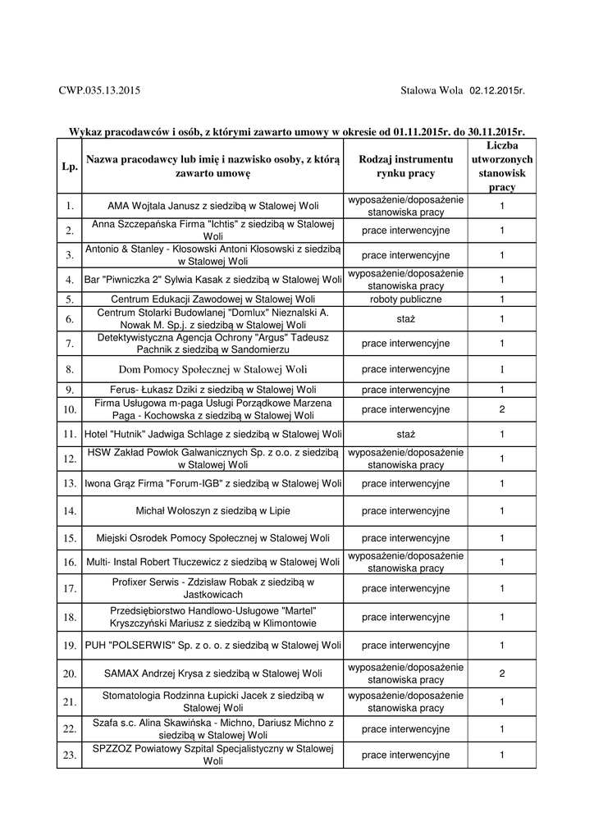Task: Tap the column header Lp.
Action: pyautogui.click(x=69, y=167)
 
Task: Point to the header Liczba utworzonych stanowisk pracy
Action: pyautogui.click(x=502, y=167)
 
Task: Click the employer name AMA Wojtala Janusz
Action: pyautogui.click(x=213, y=206)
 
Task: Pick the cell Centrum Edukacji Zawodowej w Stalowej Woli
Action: pyautogui.click(x=213, y=299)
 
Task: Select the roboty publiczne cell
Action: pyautogui.click(x=405, y=299)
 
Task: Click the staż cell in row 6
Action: pyautogui.click(x=405, y=318)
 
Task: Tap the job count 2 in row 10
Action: pyautogui.click(x=502, y=409)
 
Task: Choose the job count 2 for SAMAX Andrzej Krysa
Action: pyautogui.click(x=502, y=673)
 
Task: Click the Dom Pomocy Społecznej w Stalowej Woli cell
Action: pyautogui.click(x=213, y=369)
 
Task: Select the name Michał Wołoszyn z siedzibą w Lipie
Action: pyautogui.click(x=213, y=511)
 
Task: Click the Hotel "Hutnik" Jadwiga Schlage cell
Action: pyautogui.click(x=213, y=433)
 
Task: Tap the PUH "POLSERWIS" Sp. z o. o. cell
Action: pyautogui.click(x=213, y=646)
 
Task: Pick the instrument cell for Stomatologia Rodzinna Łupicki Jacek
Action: pyautogui.click(x=405, y=701)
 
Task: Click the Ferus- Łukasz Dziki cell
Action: pyautogui.click(x=213, y=390)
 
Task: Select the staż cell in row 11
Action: pyautogui.click(x=405, y=433)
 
